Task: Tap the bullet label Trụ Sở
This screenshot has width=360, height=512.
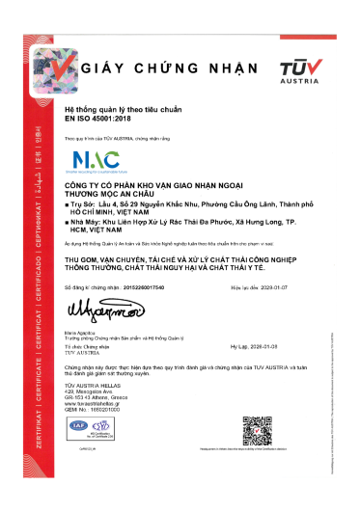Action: (x=85, y=205)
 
